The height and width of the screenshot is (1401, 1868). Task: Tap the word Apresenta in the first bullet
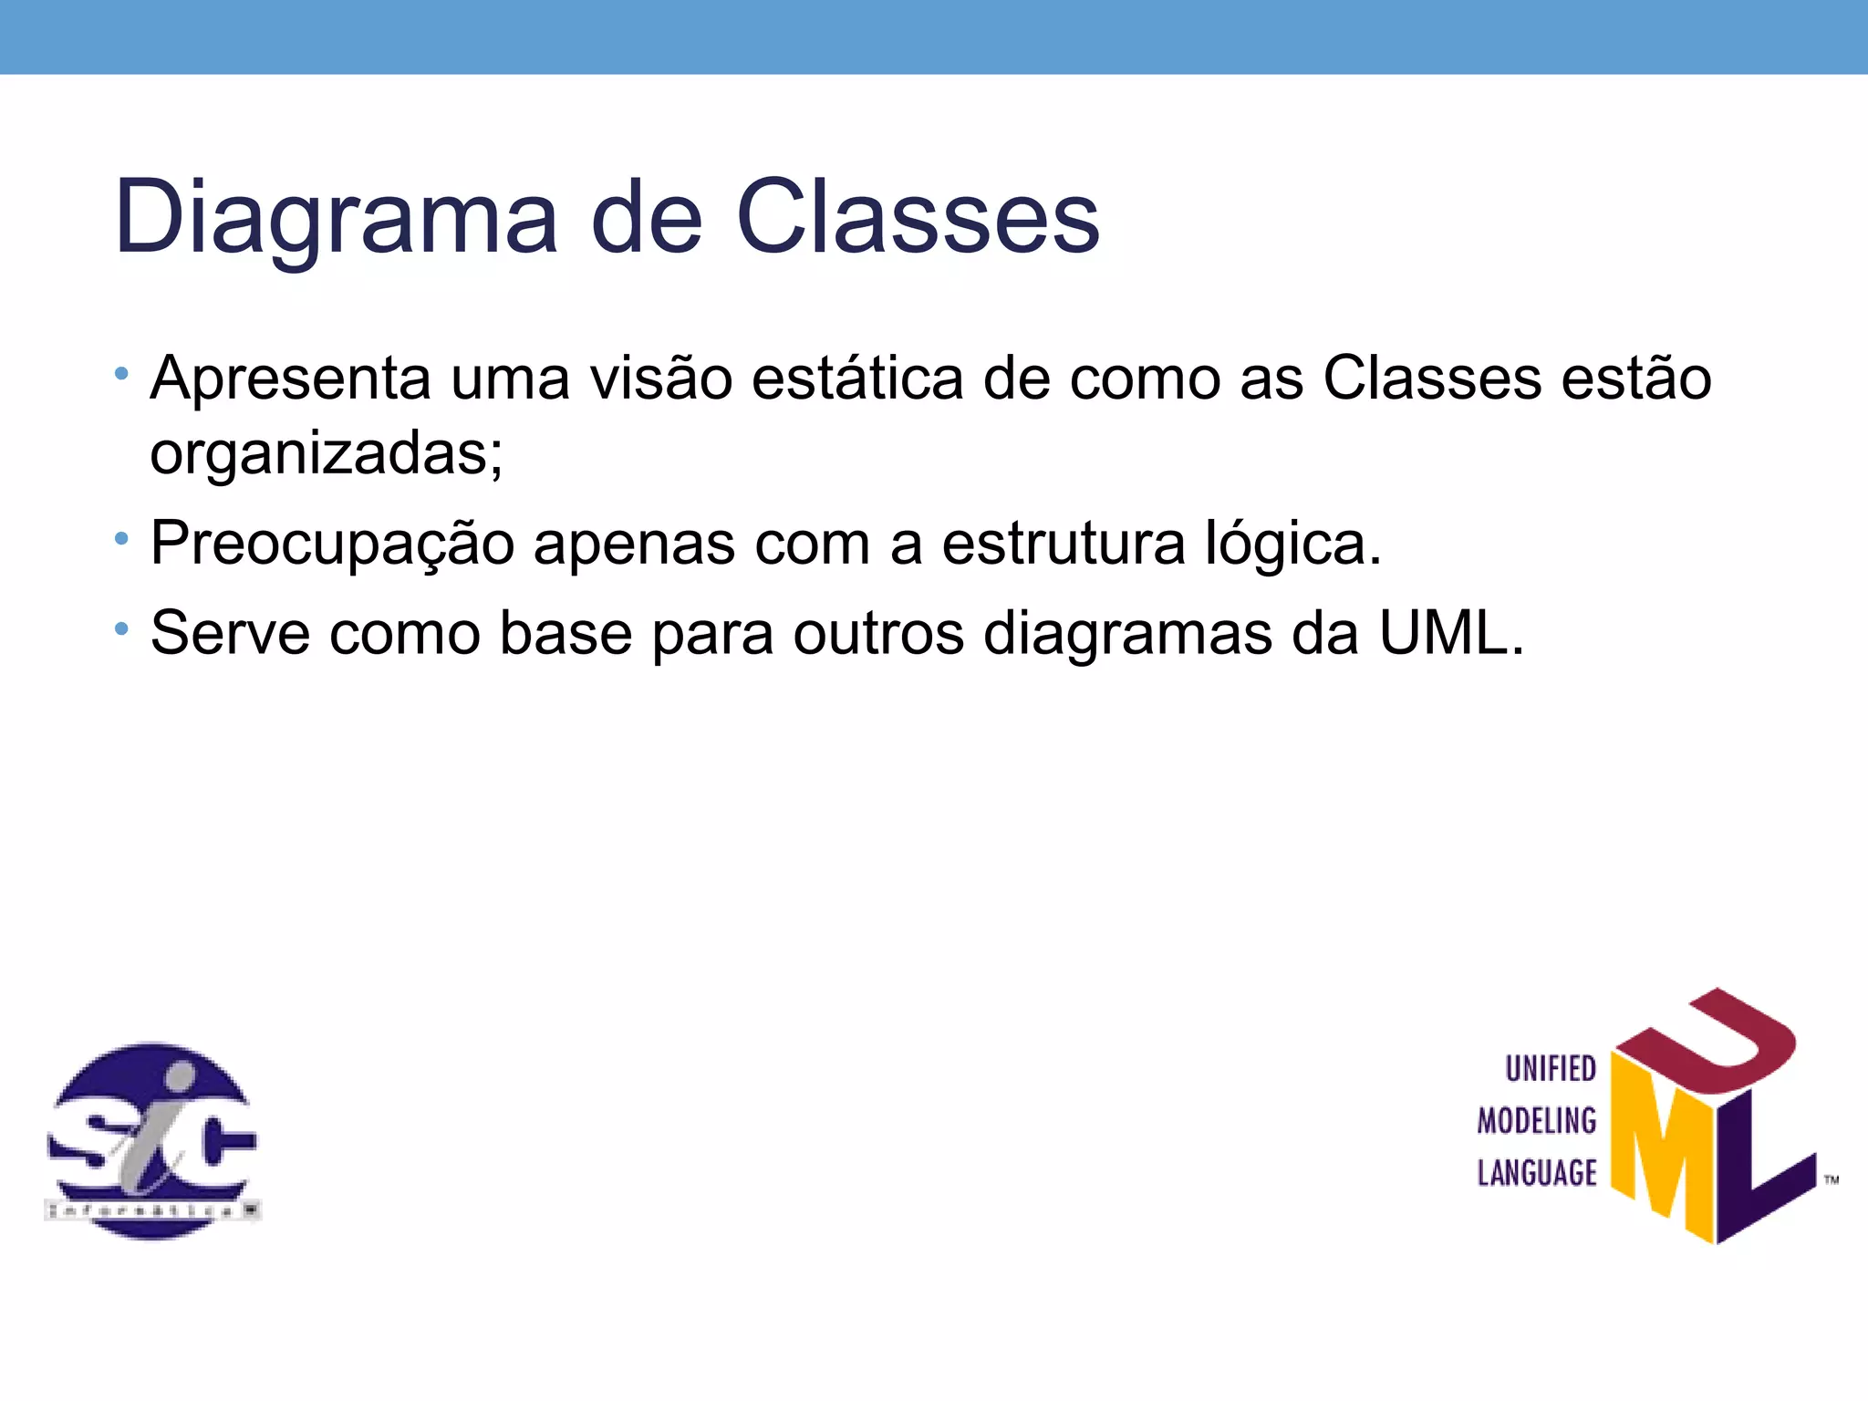click(x=290, y=378)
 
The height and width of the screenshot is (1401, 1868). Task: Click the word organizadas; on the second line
click(x=327, y=452)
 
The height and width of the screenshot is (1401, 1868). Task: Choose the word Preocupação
click(x=332, y=544)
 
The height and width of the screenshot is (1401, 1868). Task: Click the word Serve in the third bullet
click(x=230, y=632)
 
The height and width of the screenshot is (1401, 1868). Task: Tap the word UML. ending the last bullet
click(x=1451, y=632)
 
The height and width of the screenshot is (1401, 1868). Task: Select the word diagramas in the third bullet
click(x=1127, y=632)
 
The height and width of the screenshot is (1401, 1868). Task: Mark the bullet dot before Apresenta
click(x=121, y=374)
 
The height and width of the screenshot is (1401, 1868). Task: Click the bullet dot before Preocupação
click(x=121, y=539)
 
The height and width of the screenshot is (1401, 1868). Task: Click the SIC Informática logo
click(x=152, y=1140)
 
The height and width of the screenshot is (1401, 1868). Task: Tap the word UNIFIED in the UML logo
click(x=1551, y=1069)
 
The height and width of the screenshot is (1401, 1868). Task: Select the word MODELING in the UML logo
click(x=1537, y=1121)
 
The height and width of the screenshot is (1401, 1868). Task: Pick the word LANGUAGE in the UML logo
click(x=1537, y=1173)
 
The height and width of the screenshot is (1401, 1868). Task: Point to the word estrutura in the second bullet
click(x=1064, y=544)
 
